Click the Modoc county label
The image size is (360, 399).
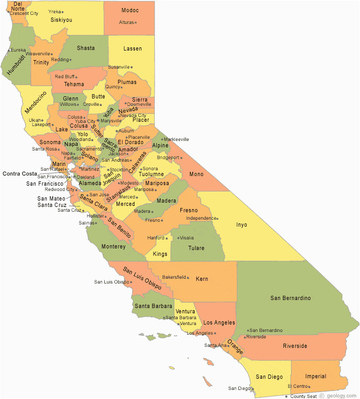click(x=130, y=10)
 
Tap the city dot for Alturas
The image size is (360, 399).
click(x=136, y=22)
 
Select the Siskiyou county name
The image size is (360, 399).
click(x=61, y=20)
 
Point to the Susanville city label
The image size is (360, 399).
click(x=119, y=67)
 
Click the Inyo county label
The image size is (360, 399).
click(x=241, y=225)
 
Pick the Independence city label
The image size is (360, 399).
click(x=200, y=218)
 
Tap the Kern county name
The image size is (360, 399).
click(x=202, y=279)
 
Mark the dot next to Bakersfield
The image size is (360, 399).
click(x=189, y=277)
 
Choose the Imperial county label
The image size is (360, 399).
click(x=316, y=376)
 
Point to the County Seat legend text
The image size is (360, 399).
click(x=304, y=396)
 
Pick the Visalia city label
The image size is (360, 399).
click(x=187, y=238)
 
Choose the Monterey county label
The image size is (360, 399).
click(x=114, y=246)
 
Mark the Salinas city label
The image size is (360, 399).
click(x=87, y=223)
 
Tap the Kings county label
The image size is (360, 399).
click(x=160, y=254)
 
